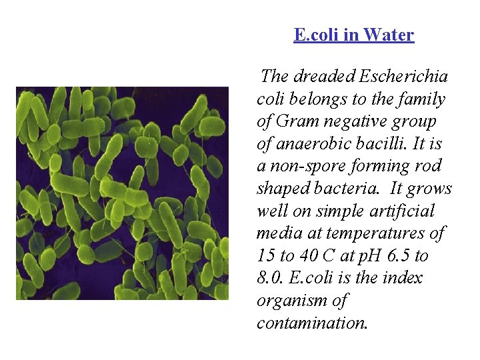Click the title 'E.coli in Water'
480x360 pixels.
[x=353, y=35]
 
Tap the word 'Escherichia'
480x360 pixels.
[x=404, y=77]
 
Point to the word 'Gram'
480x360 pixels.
[x=298, y=122]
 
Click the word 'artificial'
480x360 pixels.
[x=403, y=211]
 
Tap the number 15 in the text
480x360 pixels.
[x=265, y=256]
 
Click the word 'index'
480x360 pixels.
[x=403, y=279]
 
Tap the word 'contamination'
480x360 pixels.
[x=311, y=323]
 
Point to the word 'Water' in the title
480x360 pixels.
[x=389, y=35]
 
